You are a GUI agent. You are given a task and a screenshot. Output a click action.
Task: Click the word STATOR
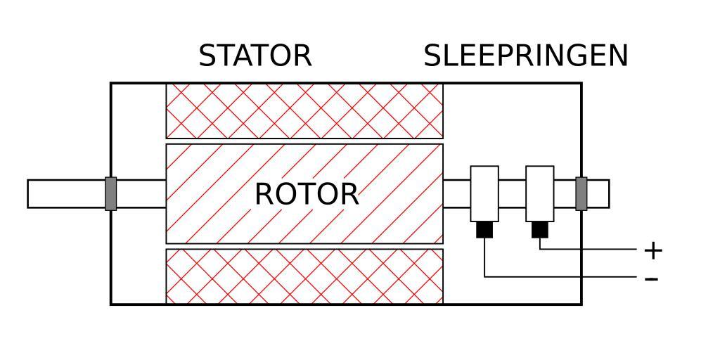tap(255, 56)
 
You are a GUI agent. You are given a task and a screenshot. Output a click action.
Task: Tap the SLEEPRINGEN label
tap(525, 56)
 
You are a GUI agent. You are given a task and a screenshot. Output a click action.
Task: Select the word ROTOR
tap(307, 194)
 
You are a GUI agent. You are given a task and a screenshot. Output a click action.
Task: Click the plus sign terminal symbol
tap(653, 250)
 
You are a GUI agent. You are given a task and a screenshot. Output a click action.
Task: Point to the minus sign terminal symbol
tap(652, 279)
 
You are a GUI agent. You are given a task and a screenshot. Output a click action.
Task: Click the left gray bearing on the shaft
tap(110, 194)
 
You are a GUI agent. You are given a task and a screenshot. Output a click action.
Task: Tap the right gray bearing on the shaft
tap(581, 194)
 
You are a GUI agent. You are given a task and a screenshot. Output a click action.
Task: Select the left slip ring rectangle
tap(484, 193)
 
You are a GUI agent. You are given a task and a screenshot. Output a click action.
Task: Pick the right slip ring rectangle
tap(539, 193)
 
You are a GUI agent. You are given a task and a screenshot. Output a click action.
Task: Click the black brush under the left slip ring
tap(484, 230)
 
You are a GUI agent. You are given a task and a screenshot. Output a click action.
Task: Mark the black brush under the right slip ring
tap(539, 230)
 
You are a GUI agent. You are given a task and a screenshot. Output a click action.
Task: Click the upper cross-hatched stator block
tap(304, 110)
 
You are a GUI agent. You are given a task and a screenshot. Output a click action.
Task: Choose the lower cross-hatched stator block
tap(304, 276)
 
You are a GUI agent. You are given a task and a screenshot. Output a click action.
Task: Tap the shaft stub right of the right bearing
tap(598, 194)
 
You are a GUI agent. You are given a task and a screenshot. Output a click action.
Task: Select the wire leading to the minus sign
tap(562, 277)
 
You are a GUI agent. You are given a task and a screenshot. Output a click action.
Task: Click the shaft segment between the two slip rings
tap(512, 194)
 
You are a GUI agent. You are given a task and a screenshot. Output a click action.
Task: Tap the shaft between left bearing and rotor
tap(141, 194)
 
